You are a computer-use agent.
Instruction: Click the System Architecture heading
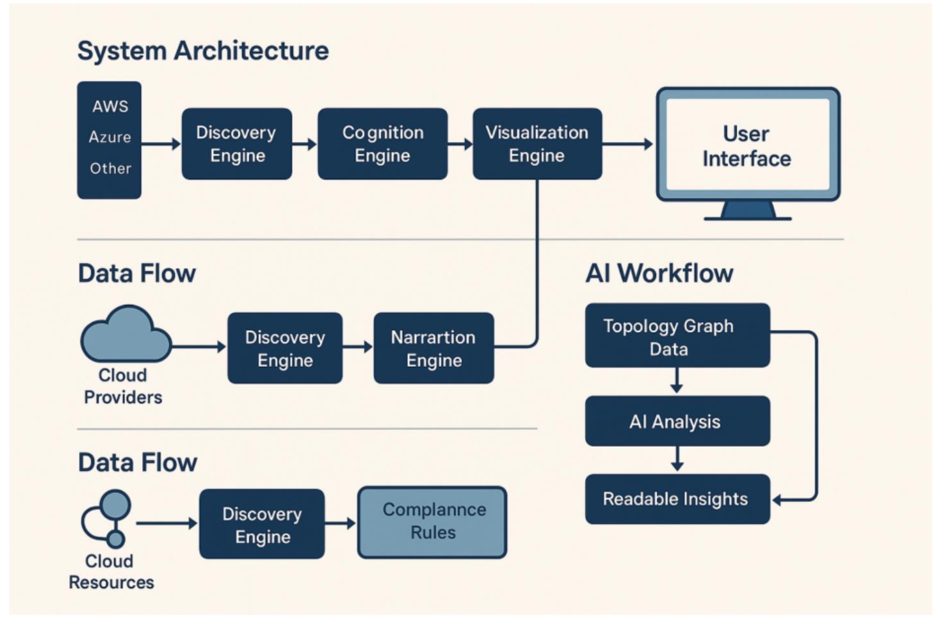(x=203, y=51)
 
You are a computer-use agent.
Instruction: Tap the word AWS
(x=110, y=106)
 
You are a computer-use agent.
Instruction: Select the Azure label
(x=110, y=137)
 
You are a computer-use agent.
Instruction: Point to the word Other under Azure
(x=110, y=169)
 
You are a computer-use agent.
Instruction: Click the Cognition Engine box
(x=383, y=144)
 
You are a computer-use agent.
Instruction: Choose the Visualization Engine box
(x=537, y=144)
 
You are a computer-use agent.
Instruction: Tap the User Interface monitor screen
(x=747, y=146)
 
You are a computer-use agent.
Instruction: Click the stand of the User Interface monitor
(x=748, y=210)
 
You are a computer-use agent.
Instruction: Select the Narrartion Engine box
(x=433, y=348)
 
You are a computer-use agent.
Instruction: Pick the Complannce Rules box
(x=433, y=522)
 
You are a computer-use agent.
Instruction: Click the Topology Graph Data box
(x=677, y=336)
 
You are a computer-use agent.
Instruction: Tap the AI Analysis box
(x=677, y=421)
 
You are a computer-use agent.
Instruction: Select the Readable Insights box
(x=677, y=499)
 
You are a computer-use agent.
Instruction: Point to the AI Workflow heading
(x=659, y=274)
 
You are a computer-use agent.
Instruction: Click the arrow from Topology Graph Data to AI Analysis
(x=677, y=381)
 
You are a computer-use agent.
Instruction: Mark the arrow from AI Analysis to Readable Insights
(x=677, y=459)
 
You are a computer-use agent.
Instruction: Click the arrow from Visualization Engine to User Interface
(x=627, y=144)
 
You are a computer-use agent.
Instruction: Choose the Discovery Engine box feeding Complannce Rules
(x=262, y=524)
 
